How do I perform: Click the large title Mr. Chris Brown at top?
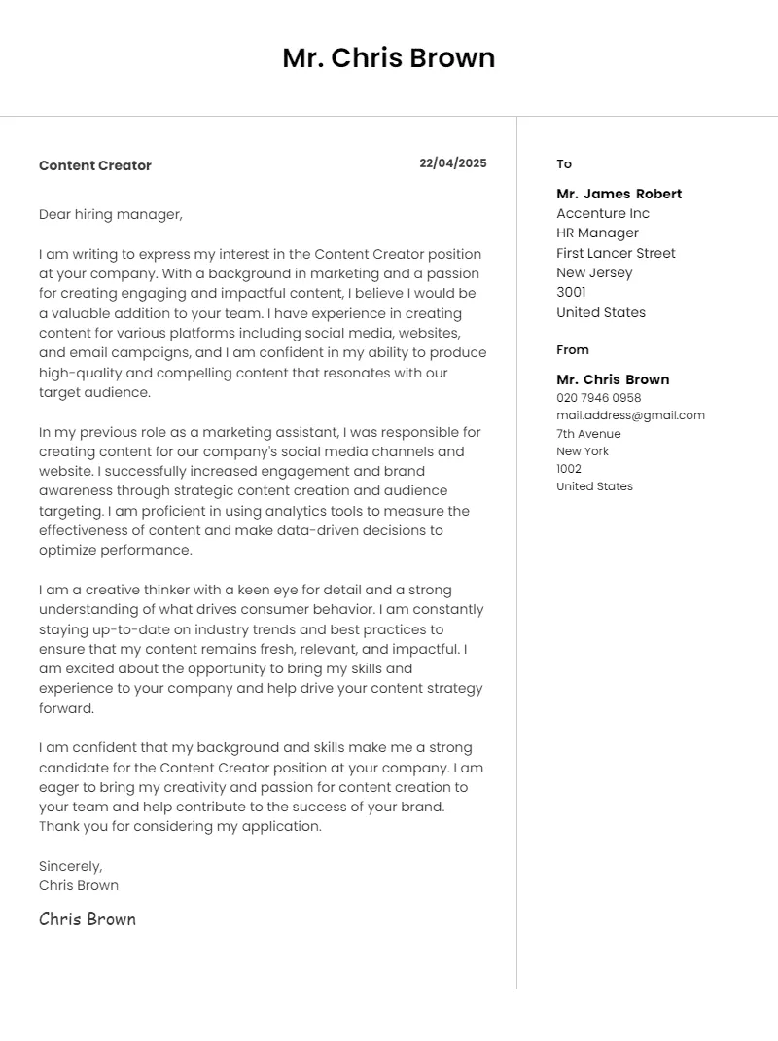[x=389, y=58]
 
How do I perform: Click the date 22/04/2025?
[x=453, y=163]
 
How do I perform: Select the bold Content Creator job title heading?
[x=95, y=165]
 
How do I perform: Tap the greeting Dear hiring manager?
[x=111, y=214]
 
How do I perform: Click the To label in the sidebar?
[x=564, y=163]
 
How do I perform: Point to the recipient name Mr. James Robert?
[x=619, y=194]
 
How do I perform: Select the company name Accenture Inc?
[x=603, y=213]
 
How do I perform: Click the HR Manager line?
[x=598, y=233]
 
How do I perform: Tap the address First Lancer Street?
[x=616, y=253]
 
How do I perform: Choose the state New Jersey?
[x=594, y=272]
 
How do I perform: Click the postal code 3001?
[x=572, y=292]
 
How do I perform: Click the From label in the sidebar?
[x=573, y=349]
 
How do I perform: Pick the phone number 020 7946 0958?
[x=599, y=398]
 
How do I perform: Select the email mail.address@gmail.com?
[x=630, y=415]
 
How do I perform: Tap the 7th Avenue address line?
[x=588, y=434]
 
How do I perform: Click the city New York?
[x=583, y=451]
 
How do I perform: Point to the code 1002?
[x=569, y=469]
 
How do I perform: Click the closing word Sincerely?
[x=70, y=866]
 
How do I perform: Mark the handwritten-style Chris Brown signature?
[x=88, y=919]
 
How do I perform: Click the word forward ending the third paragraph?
[x=66, y=708]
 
